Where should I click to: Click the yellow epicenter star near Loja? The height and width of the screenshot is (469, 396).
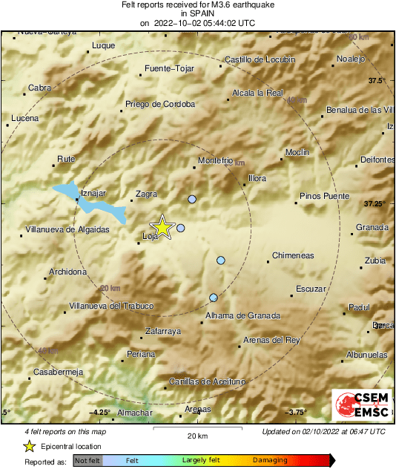click(162, 228)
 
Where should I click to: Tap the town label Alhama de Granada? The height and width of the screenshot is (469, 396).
click(242, 316)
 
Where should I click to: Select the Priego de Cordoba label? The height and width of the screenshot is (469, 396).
click(160, 104)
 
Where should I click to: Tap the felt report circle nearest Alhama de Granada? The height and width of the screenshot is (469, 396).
click(214, 298)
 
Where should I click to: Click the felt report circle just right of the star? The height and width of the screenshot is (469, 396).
click(180, 228)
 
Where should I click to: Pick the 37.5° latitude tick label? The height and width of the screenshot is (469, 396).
click(378, 80)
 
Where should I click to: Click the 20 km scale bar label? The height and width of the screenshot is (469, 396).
click(197, 436)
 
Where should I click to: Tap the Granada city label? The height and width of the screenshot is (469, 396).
click(372, 227)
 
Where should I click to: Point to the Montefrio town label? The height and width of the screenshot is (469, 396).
click(217, 161)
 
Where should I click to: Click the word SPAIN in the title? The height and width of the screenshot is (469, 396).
click(197, 13)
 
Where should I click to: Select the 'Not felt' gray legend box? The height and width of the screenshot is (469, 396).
click(88, 460)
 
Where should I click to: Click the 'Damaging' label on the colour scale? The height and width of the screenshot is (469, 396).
click(270, 460)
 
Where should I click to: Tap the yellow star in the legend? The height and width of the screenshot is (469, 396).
click(29, 447)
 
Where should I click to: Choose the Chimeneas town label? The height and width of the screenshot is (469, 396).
click(293, 255)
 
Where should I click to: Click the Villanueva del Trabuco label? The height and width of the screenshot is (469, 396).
click(110, 306)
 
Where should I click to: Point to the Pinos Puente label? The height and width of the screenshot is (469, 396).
click(324, 197)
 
